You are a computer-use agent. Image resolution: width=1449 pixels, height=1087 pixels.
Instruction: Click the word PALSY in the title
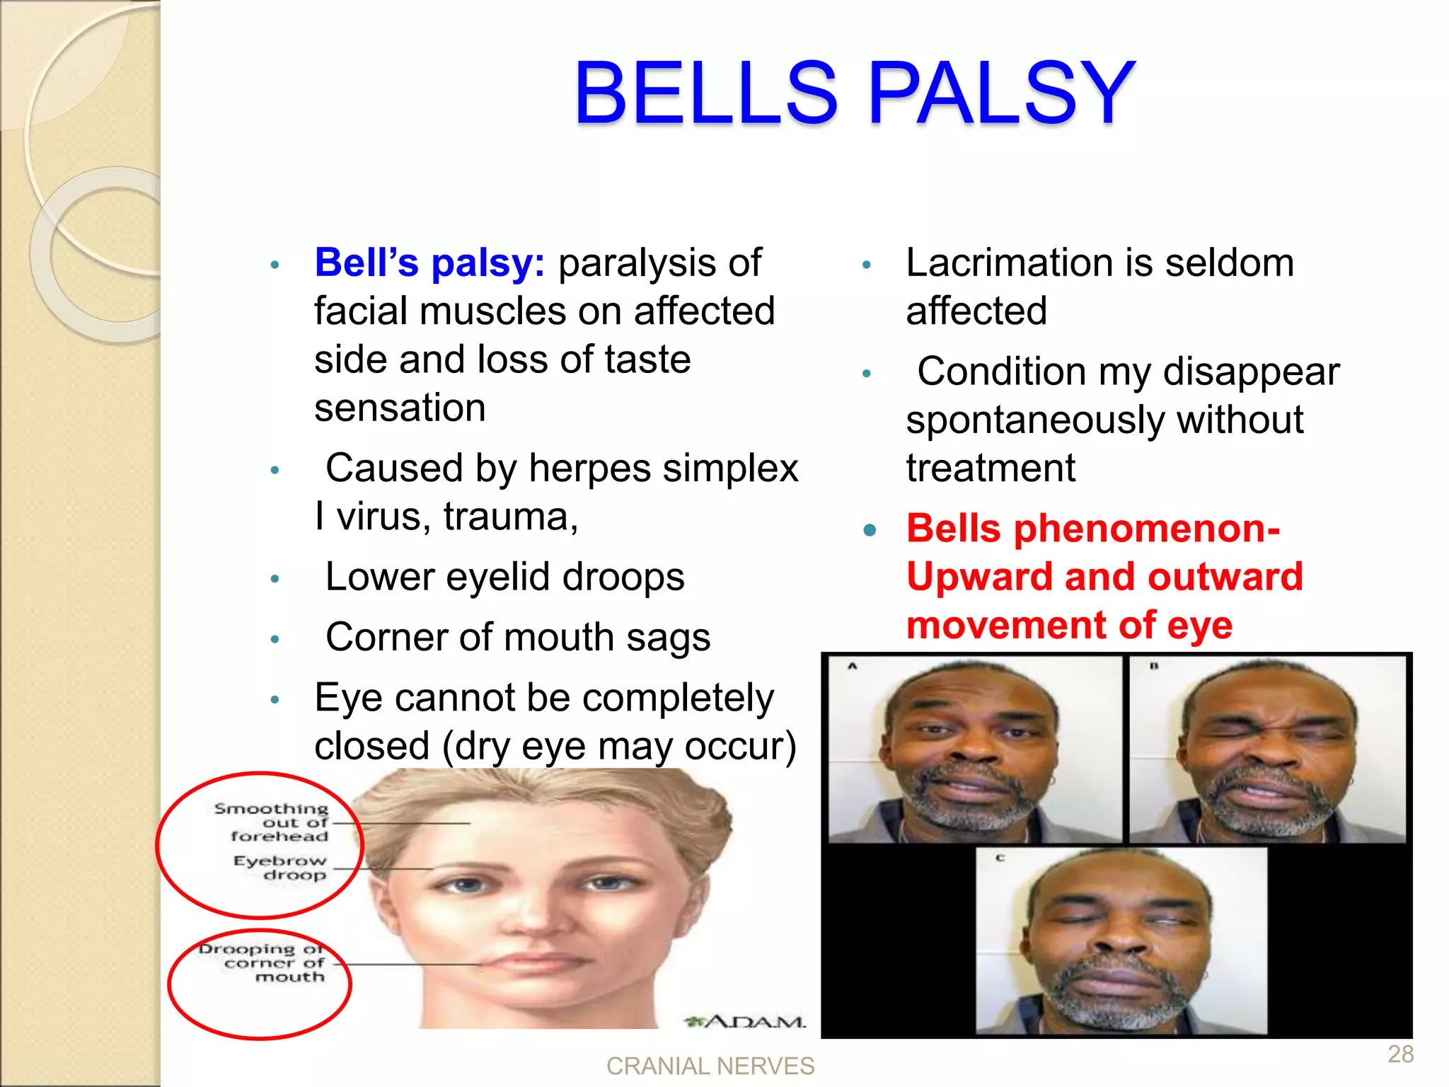coord(1000,94)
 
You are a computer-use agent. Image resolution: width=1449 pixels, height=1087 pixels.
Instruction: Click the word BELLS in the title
coord(705,94)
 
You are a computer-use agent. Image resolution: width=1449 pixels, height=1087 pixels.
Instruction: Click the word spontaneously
coord(1034,420)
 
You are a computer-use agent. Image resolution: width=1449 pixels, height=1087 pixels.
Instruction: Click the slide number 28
coord(1400,1054)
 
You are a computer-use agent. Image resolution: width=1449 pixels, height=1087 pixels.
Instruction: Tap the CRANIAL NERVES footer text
coord(710,1066)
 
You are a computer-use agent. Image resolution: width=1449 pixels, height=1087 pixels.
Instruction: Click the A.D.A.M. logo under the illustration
coord(746,1022)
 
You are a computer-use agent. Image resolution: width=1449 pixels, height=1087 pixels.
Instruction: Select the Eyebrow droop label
coord(280,868)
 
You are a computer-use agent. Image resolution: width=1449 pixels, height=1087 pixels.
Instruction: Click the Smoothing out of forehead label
coord(273,822)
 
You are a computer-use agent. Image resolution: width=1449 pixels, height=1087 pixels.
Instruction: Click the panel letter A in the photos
coord(853,666)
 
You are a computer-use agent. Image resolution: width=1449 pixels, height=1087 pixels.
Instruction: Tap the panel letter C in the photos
coord(1000,858)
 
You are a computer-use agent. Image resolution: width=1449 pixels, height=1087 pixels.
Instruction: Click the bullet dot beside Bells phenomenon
coord(870,529)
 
